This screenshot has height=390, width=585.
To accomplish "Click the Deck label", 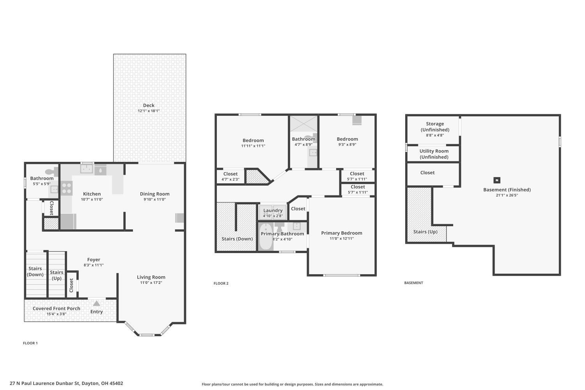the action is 149,105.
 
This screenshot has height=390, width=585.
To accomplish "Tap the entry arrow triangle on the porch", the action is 97,303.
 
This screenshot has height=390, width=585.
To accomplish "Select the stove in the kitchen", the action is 66,188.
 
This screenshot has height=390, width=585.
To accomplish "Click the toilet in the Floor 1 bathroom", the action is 52,171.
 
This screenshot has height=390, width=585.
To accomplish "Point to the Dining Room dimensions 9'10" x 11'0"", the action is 154,199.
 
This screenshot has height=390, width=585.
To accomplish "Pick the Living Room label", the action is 151,277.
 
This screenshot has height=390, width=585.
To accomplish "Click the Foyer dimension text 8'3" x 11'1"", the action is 94,265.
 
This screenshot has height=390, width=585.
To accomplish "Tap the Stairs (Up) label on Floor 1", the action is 57,275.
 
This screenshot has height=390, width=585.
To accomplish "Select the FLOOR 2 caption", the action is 221,284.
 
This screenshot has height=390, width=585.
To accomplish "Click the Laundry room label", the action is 273,210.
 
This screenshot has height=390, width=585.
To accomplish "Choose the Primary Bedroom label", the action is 342,233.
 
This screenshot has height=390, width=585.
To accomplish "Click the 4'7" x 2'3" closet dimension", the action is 230,179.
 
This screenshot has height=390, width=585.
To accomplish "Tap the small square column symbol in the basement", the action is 497,180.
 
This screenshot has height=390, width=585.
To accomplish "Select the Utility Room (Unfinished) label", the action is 434,154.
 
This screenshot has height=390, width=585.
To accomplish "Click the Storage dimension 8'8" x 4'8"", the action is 435,135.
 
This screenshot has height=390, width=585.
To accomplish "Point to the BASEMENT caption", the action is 414,283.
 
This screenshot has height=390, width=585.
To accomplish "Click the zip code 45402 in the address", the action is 116,383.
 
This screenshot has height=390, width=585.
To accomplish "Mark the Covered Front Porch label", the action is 57,308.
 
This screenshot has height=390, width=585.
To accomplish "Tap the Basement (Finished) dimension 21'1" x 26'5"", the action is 507,195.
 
